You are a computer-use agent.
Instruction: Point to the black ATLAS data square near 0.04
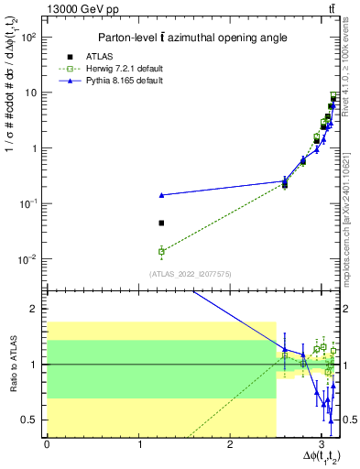[x=161, y=223]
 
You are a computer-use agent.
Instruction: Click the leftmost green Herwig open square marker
[x=161, y=251]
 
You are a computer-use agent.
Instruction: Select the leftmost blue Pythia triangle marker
[x=161, y=195]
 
